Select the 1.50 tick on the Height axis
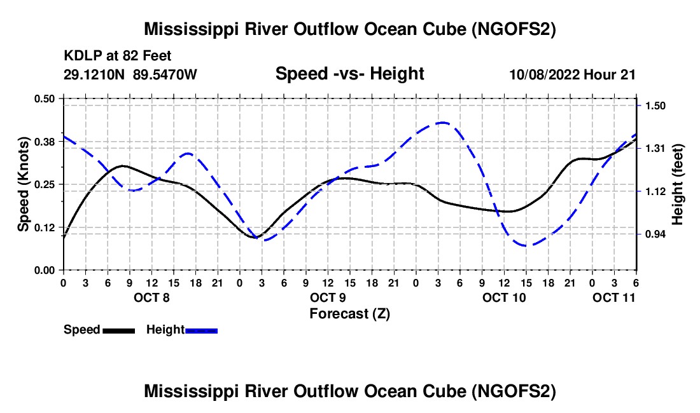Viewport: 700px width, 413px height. point(655,105)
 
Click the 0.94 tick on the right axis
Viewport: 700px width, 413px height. point(655,234)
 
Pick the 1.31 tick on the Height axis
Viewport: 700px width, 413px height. point(655,148)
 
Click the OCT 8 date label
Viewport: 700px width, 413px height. point(151,297)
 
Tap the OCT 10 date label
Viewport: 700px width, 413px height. point(504,297)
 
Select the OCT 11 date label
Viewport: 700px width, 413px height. point(614,297)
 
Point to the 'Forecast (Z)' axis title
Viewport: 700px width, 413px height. point(349,313)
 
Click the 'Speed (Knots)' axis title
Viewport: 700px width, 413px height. point(23,184)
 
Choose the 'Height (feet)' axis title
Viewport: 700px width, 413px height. point(677,184)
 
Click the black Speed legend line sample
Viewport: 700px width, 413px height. point(118,330)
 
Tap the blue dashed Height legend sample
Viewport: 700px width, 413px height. point(201,330)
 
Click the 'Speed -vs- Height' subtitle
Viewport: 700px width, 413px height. point(349,74)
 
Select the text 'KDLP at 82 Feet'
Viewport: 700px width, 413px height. point(117,56)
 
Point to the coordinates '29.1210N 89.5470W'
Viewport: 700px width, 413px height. point(130,74)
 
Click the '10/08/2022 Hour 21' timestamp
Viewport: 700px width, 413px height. point(573,74)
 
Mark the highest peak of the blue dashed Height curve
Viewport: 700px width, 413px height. point(442,122)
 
